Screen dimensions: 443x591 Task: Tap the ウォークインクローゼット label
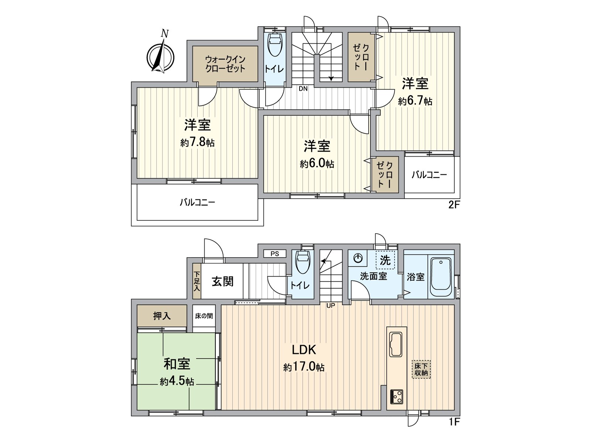click(225, 64)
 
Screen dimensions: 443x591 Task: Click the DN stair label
click(303, 89)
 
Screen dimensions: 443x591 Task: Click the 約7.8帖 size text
click(198, 142)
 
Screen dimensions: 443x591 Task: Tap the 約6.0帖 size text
click(317, 164)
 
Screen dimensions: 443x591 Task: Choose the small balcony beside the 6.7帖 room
click(429, 175)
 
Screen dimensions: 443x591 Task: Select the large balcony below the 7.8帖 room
click(197, 202)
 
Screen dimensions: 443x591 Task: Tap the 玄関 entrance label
click(223, 281)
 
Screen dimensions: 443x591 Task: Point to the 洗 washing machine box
click(385, 261)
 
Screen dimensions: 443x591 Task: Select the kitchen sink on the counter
click(396, 344)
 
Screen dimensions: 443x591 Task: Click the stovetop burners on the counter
click(397, 397)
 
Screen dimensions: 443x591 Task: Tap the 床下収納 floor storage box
click(421, 370)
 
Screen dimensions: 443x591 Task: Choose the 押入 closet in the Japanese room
click(162, 316)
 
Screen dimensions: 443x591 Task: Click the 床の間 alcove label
click(204, 316)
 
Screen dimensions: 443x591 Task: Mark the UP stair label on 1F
click(331, 306)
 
